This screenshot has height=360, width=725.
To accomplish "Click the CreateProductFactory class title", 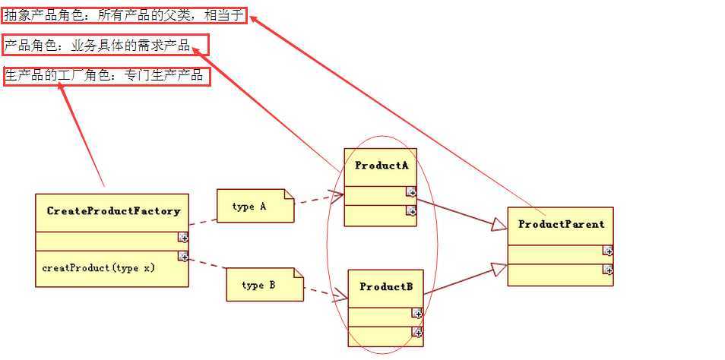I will [113, 210].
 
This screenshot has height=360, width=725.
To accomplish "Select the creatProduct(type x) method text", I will [99, 267].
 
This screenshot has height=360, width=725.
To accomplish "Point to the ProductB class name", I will [386, 286].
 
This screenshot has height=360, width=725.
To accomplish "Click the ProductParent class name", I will [561, 224].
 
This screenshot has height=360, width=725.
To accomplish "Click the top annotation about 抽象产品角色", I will [125, 15].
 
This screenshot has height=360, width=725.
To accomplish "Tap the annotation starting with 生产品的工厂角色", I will [107, 76].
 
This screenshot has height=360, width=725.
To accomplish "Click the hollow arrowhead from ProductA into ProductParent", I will [499, 224].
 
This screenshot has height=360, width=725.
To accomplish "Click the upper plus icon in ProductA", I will [410, 190].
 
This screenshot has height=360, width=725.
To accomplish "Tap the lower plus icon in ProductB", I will [417, 331].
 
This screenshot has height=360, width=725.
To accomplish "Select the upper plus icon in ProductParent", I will [608, 251].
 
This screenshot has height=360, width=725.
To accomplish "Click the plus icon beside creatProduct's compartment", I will [183, 257].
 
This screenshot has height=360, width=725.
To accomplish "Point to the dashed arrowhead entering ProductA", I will [337, 196].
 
